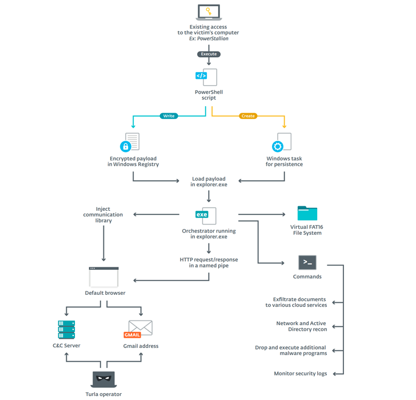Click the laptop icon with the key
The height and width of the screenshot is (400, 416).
pyautogui.click(x=209, y=12)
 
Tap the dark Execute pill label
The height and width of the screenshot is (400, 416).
pyautogui.click(x=209, y=54)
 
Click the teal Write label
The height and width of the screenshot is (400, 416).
pyautogui.click(x=169, y=116)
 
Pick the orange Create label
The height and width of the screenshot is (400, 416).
pyautogui.click(x=248, y=116)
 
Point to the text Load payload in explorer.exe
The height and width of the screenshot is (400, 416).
pyautogui.click(x=209, y=182)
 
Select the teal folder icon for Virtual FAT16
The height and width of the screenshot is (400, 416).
pyautogui.click(x=307, y=214)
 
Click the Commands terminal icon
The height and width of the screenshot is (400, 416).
pyautogui.click(x=307, y=263)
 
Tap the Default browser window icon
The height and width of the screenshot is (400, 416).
pyautogui.click(x=104, y=277)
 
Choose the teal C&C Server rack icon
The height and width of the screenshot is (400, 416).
pyautogui.click(x=66, y=330)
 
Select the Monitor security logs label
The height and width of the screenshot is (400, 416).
pyautogui.click(x=300, y=374)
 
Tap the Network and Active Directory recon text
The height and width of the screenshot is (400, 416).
pyautogui.click(x=301, y=326)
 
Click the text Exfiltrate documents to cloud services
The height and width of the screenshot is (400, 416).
pyautogui.click(x=296, y=302)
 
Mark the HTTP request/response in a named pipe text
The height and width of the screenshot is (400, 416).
pyautogui.click(x=209, y=262)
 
